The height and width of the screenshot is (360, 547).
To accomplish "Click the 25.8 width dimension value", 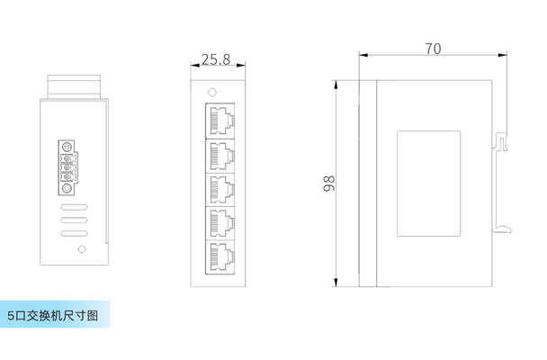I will (x=216, y=60).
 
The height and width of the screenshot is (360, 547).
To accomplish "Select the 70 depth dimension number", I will (x=433, y=49).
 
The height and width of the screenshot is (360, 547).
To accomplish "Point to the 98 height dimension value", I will (x=328, y=184).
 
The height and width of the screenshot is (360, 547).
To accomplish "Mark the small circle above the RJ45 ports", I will (x=212, y=92).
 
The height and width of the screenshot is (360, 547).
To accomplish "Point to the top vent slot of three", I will (x=74, y=206).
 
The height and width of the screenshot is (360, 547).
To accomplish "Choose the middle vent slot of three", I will (x=74, y=220).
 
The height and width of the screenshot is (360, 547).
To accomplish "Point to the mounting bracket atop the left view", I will (x=76, y=87).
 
